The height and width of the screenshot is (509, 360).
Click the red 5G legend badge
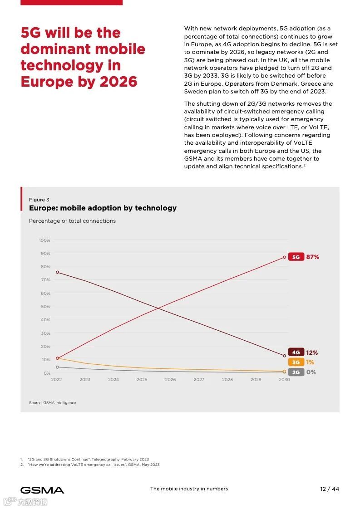296,257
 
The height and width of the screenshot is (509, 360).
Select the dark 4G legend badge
296,352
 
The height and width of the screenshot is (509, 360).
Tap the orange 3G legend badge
296,362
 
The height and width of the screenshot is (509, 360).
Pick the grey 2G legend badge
296,372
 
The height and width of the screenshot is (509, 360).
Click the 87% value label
313,257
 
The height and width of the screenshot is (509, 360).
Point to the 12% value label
312,352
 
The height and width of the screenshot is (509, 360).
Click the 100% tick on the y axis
44,240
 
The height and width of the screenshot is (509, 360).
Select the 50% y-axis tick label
45,307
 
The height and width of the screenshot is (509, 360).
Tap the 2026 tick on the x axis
170,380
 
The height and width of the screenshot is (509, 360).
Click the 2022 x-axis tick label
56,380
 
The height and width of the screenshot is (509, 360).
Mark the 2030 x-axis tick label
284,380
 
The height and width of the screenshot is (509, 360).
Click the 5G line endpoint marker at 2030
285,257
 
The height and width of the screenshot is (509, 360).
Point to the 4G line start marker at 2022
57,272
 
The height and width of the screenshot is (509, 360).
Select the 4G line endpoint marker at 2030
285,356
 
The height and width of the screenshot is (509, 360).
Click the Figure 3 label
39,200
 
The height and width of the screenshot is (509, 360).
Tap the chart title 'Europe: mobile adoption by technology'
103,208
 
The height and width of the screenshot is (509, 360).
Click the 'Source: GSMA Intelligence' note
53,403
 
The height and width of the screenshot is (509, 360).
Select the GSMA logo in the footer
42,490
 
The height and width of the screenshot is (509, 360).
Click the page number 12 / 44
330,489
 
